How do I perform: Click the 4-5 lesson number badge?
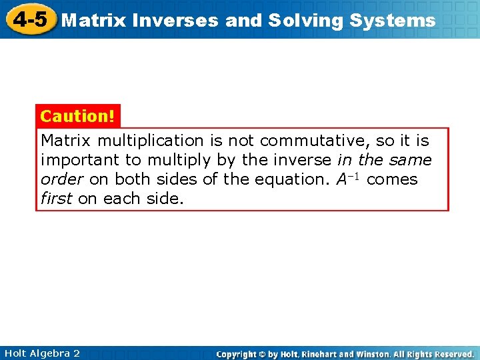tap(29, 19)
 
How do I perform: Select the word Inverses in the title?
tap(175, 21)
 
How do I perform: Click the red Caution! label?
tap(78, 116)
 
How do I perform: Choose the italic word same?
tap(412, 160)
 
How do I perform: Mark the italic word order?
tap(60, 179)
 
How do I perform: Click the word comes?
tap(393, 179)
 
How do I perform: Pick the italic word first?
tap(57, 199)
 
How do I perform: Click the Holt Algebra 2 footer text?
tap(41, 353)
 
